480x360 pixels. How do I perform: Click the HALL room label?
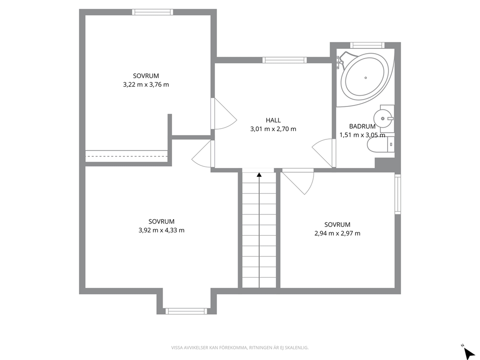pyautogui.click(x=273, y=120)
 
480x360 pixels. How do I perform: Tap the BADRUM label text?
pyautogui.click(x=362, y=126)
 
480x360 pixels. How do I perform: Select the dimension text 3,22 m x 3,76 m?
pyautogui.click(x=146, y=85)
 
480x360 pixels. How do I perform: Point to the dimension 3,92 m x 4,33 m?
pyautogui.click(x=162, y=230)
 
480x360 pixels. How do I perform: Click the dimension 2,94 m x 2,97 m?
pyautogui.click(x=337, y=233)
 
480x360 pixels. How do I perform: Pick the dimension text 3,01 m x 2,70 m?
pyautogui.click(x=273, y=129)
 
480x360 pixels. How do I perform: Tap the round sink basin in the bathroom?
pyautogui.click(x=383, y=118)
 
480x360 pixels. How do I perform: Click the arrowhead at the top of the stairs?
pyautogui.click(x=259, y=175)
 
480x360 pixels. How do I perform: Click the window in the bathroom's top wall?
pyautogui.click(x=367, y=45)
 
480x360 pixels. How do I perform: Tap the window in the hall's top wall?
pyautogui.click(x=285, y=60)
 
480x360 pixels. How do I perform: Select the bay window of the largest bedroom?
pyautogui.click(x=186, y=311)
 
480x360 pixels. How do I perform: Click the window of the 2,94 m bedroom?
pyautogui.click(x=397, y=194)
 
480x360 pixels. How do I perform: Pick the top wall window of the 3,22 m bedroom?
pyautogui.click(x=152, y=12)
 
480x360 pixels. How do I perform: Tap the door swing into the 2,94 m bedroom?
pyautogui.click(x=298, y=181)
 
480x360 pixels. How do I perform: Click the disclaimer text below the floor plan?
pyautogui.click(x=240, y=347)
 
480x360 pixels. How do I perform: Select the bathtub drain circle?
pyautogui.click(x=365, y=78)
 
